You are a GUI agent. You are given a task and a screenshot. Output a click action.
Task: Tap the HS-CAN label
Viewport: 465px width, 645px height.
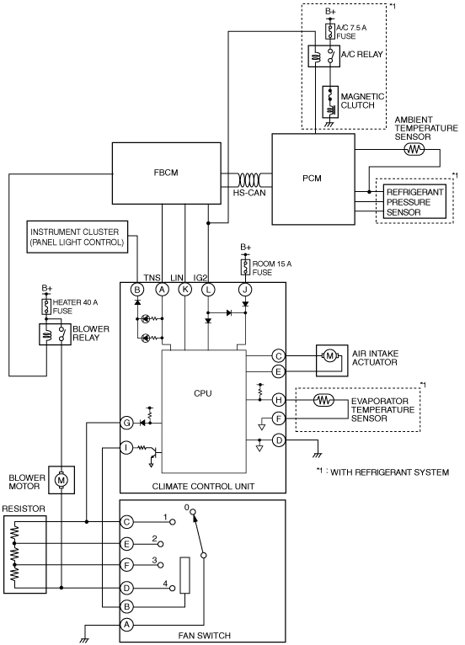point(249,193)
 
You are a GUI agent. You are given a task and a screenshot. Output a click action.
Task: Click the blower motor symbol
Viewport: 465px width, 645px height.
point(61,480)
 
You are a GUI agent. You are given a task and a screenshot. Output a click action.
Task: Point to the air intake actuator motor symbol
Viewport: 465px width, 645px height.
point(329,356)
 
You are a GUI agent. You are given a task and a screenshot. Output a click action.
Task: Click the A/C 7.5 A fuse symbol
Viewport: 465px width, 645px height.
point(330,31)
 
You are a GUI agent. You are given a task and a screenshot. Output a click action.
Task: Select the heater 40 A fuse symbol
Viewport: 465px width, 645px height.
point(46,307)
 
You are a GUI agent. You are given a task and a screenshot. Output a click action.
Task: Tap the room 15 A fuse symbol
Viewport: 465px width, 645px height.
point(246,268)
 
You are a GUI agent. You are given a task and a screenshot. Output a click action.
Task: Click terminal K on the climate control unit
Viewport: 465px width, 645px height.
point(185,290)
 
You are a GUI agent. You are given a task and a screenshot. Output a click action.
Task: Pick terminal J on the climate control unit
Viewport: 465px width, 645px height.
point(245,290)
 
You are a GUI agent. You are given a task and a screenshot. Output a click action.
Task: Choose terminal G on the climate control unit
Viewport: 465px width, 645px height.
point(126,423)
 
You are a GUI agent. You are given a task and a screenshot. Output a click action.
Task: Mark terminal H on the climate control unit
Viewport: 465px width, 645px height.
point(279,399)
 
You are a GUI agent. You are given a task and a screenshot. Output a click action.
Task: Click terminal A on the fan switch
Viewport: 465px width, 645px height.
point(126,625)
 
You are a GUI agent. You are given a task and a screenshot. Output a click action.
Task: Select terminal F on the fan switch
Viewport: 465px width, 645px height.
point(126,566)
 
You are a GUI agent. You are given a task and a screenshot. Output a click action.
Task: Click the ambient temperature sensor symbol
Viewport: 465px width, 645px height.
point(414,149)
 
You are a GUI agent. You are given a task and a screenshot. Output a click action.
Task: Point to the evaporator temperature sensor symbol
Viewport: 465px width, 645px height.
point(324,399)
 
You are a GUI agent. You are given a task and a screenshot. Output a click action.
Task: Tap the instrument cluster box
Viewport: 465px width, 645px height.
point(77,237)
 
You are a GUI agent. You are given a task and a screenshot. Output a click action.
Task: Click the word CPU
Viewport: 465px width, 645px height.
point(203,394)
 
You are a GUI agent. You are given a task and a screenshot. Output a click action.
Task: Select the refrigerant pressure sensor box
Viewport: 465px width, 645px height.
point(414,202)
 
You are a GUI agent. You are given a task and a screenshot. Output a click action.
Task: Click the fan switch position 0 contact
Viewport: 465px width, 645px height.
point(194,512)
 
